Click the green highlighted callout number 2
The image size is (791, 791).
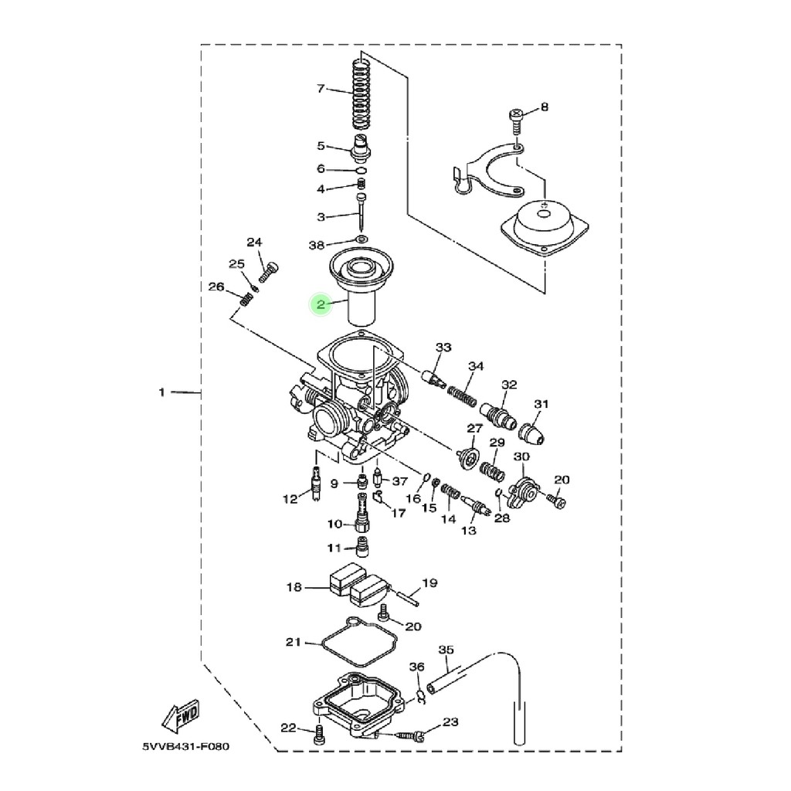click(321, 304)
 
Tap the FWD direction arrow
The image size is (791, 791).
click(181, 716)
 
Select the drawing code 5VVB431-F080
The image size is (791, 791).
click(185, 746)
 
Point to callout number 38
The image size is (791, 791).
click(316, 245)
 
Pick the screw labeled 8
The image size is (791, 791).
click(515, 121)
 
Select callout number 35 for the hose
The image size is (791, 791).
click(446, 650)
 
